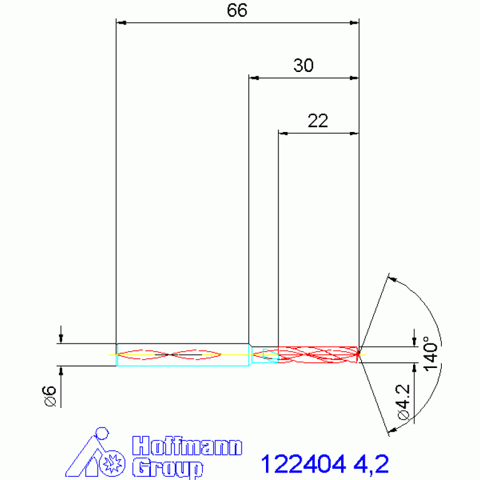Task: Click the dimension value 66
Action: coord(237,11)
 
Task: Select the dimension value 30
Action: coord(304,66)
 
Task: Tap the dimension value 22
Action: coord(318,121)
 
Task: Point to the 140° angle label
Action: coord(431,354)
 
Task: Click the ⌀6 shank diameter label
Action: coord(50,396)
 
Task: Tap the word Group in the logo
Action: coord(168,467)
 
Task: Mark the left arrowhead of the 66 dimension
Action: coord(123,23)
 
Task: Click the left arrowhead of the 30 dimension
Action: coord(254,78)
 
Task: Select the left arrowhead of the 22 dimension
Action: coord(283,133)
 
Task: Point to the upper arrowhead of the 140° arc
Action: coord(392,278)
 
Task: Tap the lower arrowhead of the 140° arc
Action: coord(392,429)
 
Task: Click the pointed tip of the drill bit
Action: coord(359,354)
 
